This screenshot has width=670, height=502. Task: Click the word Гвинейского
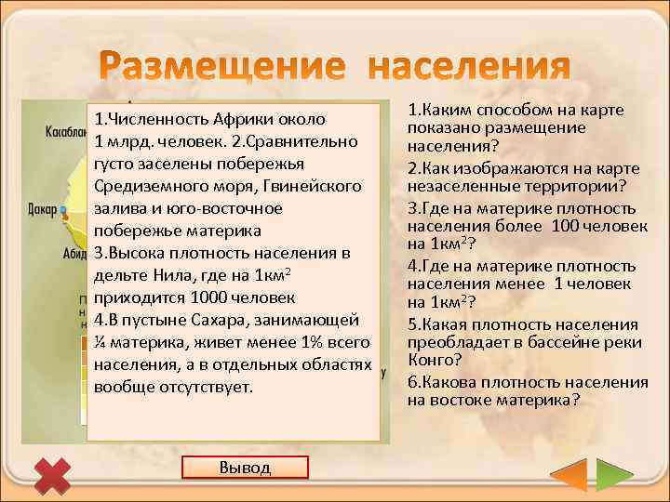pyautogui.click(x=314, y=187)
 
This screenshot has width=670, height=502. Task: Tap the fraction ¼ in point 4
pyautogui.click(x=100, y=343)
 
